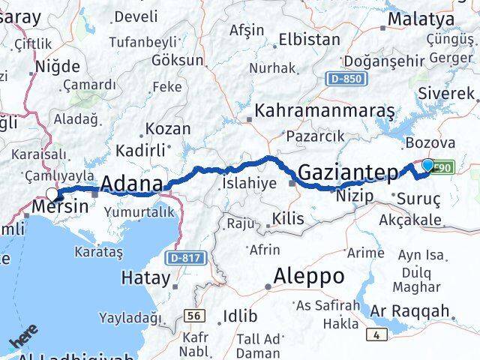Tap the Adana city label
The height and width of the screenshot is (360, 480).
(x=131, y=184)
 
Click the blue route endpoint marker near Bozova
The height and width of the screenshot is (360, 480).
(x=427, y=166)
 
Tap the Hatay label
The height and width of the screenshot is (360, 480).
(x=145, y=277)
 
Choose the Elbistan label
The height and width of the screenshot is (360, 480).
(x=304, y=39)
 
